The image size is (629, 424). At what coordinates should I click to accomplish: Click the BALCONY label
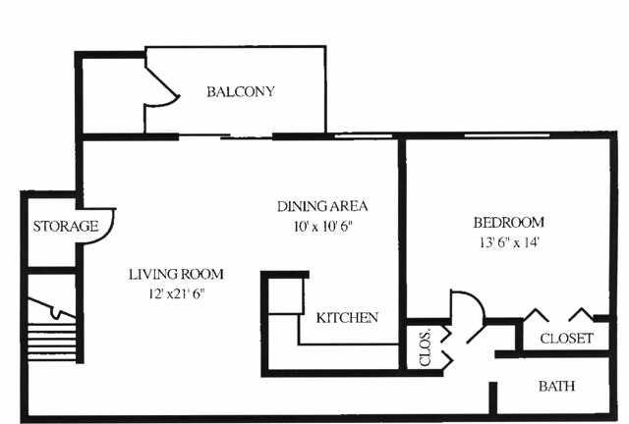tap(241, 92)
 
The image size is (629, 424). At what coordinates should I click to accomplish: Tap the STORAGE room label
tap(66, 227)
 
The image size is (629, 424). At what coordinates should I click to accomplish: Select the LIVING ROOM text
tap(176, 275)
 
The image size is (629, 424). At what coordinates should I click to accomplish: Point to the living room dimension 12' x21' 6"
tap(177, 294)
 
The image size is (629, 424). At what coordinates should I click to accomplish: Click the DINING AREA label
tap(322, 206)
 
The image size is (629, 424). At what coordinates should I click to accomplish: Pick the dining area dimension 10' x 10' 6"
tap(323, 227)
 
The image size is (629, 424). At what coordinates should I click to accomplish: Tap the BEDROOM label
tap(509, 223)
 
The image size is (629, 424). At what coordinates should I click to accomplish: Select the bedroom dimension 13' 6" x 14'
tap(509, 242)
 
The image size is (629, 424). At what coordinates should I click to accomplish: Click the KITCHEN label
tap(347, 318)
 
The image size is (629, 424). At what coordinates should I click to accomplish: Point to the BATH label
tap(557, 387)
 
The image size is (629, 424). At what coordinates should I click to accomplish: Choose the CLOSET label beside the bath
tap(566, 339)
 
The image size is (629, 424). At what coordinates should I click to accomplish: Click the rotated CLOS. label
tap(425, 347)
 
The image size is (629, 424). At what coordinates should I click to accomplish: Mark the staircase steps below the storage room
tap(51, 342)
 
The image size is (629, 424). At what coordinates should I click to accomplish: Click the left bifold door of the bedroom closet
tap(536, 314)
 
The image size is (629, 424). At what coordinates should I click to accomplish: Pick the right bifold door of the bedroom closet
tap(581, 314)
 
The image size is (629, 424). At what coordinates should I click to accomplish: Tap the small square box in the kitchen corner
tap(285, 296)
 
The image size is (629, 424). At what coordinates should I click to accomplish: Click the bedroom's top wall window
tap(507, 135)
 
